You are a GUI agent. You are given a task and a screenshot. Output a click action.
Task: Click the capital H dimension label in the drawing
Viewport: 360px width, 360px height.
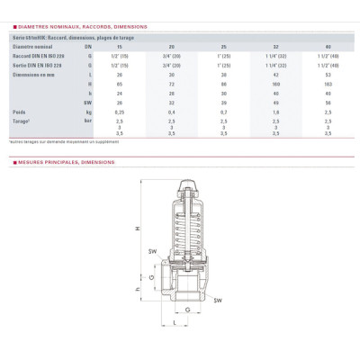click(138, 228)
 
